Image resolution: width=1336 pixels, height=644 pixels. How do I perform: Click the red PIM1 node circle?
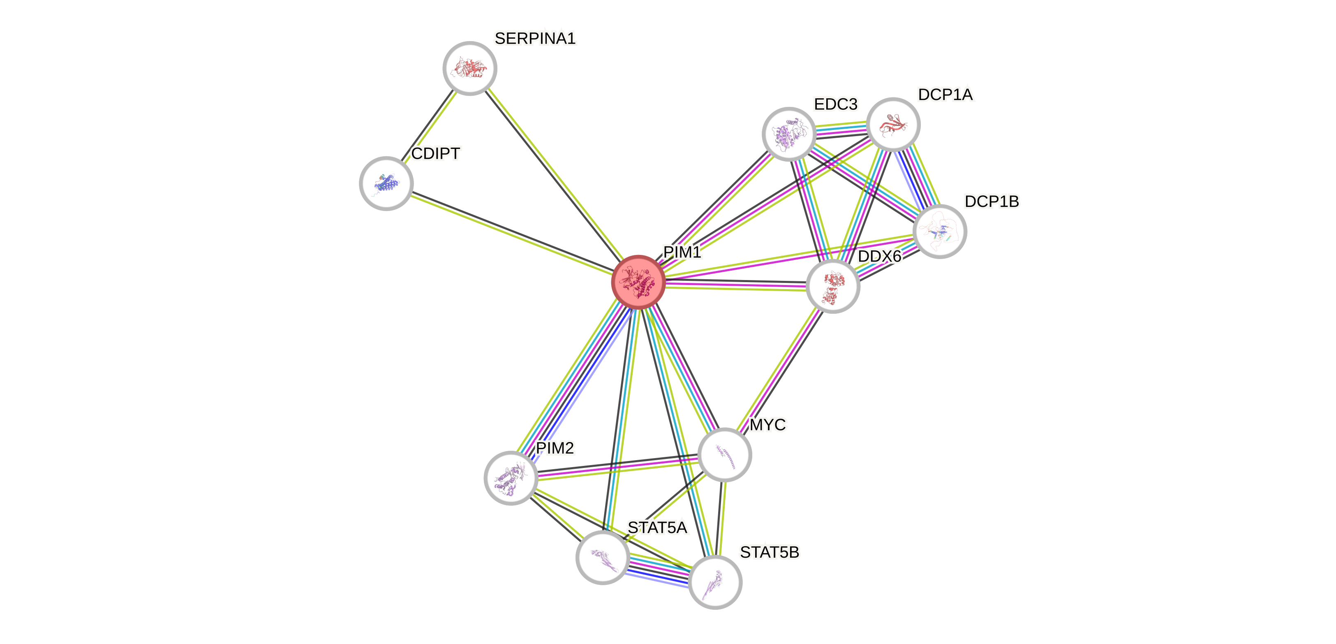tap(638, 282)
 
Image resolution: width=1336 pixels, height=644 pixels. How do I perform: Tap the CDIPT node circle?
tap(386, 183)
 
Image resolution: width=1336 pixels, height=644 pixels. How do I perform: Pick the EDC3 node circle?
tap(789, 134)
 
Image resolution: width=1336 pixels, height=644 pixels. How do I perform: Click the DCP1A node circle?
tap(893, 125)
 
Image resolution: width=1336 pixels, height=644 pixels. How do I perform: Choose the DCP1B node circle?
tap(940, 231)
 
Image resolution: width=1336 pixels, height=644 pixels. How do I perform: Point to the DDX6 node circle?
tap(833, 286)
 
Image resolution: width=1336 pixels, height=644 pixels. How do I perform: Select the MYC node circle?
tap(725, 454)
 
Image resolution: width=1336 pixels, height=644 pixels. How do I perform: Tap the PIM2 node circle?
tap(511, 477)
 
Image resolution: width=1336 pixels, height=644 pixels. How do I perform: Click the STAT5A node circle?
tap(603, 557)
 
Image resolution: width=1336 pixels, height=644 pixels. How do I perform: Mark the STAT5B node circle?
tap(715, 582)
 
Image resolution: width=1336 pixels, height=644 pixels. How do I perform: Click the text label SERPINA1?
tap(535, 38)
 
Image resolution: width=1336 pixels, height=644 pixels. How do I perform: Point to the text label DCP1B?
tap(991, 202)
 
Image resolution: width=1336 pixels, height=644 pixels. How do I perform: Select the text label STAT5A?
tap(658, 528)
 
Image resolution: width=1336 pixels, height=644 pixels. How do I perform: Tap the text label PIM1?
tap(682, 252)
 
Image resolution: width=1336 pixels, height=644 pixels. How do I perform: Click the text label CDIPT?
tap(436, 154)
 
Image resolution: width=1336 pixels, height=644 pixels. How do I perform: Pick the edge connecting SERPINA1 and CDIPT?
tap(430, 125)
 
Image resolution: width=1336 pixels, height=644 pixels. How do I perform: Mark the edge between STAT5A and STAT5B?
tap(659, 569)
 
